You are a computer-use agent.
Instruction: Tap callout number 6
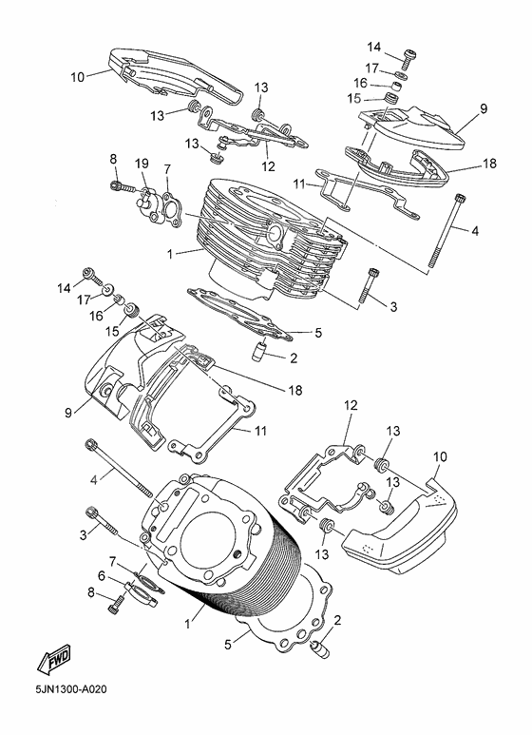point(102,575)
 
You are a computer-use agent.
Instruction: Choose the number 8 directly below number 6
point(92,592)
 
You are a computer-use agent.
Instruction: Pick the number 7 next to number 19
point(168,169)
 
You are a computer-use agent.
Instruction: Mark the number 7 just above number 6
point(112,561)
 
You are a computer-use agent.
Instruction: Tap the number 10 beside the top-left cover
point(77,74)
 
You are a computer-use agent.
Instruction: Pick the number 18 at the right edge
point(489,164)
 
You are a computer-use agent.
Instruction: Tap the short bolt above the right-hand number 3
point(370,280)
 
